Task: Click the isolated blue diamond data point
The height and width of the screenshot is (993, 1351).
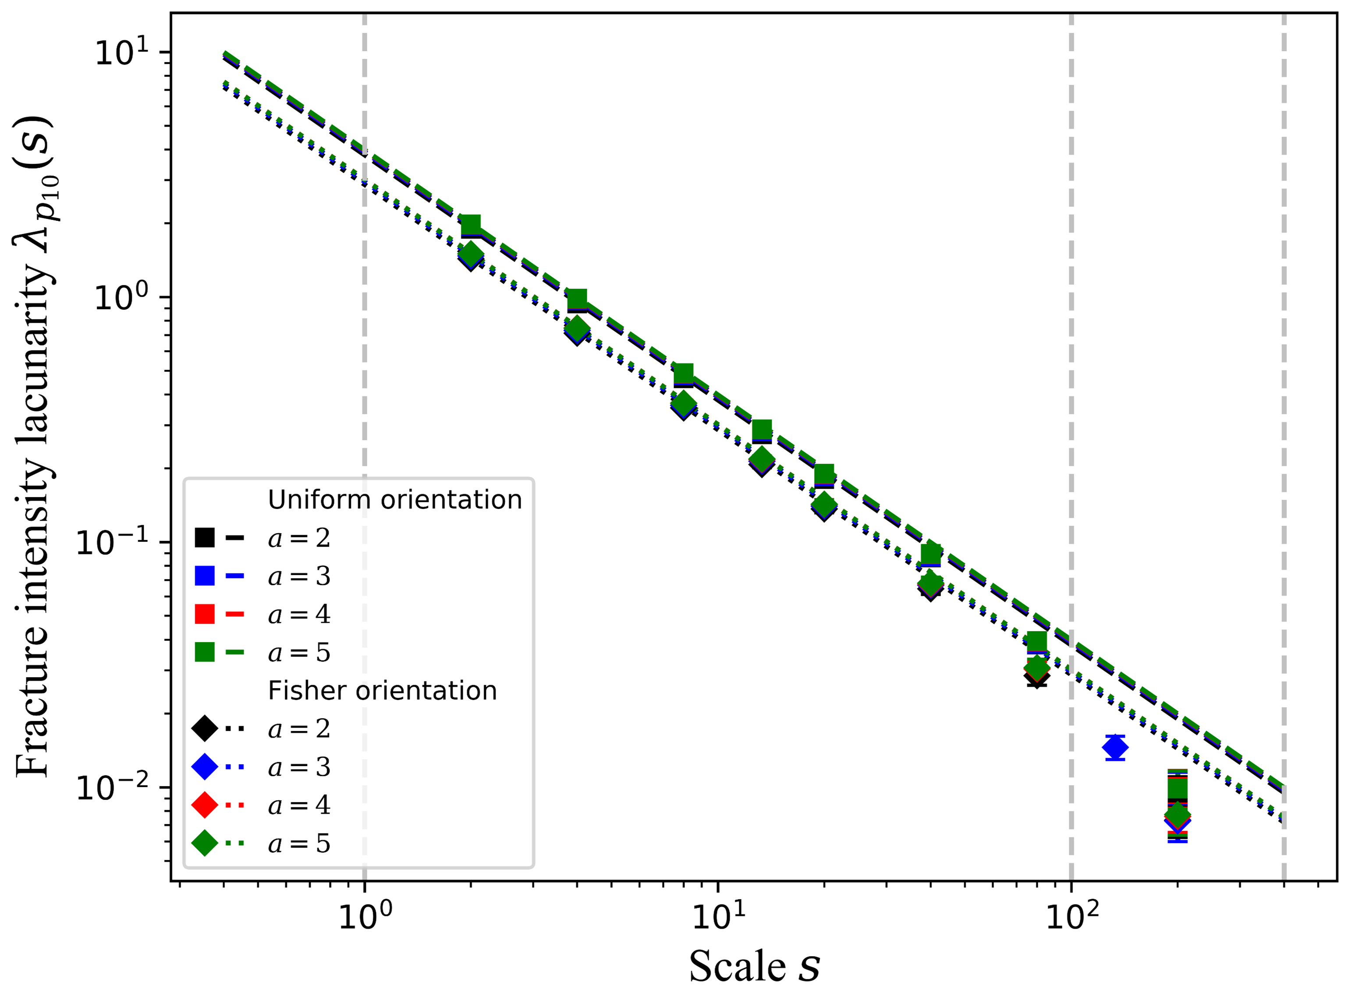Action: (1115, 748)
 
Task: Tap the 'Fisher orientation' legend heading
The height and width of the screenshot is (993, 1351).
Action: (383, 691)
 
